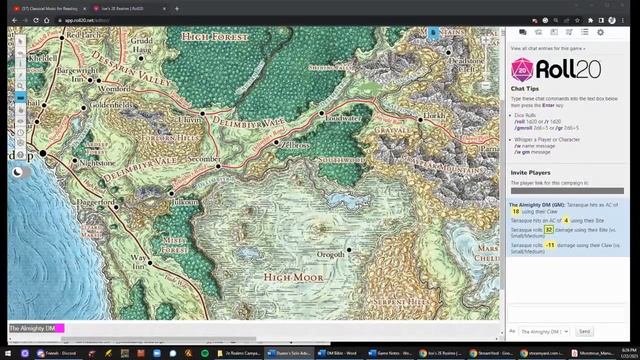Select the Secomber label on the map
pyautogui.click(x=204, y=159)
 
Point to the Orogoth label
pyautogui.click(x=330, y=254)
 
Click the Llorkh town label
pyautogui.click(x=433, y=116)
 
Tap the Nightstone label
pyautogui.click(x=97, y=162)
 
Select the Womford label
pyautogui.click(x=115, y=89)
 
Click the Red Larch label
pyautogui.click(x=81, y=36)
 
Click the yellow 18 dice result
pyautogui.click(x=516, y=212)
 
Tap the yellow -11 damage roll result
pyautogui.click(x=550, y=244)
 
